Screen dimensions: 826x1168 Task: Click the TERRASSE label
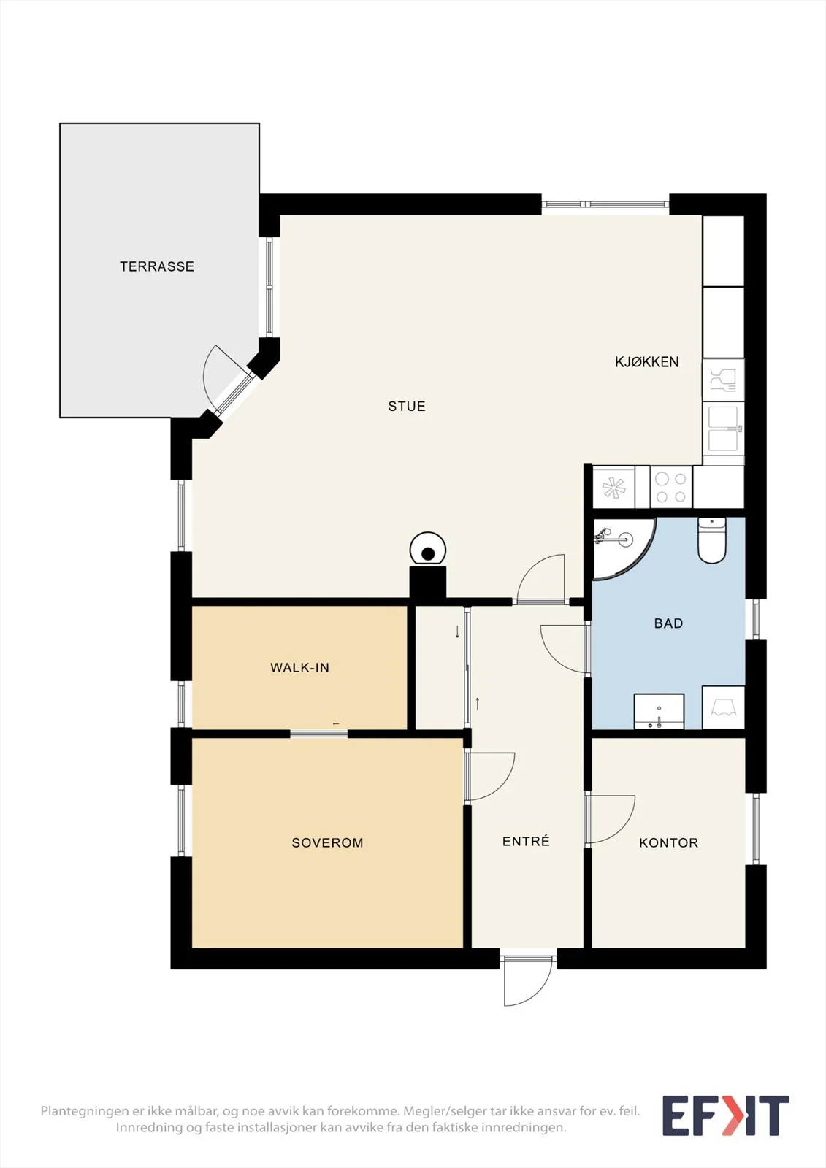tap(157, 266)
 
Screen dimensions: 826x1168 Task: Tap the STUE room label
tap(407, 406)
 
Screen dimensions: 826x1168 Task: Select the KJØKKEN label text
tap(646, 362)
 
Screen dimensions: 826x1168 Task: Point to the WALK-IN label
tap(299, 667)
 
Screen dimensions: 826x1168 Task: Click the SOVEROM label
tap(327, 842)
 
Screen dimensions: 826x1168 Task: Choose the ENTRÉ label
tap(526, 841)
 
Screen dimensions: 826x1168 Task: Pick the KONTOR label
tap(668, 842)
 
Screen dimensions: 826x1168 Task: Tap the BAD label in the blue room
tap(668, 623)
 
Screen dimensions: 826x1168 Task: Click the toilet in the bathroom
tap(712, 540)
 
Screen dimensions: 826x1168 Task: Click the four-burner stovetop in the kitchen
tap(671, 487)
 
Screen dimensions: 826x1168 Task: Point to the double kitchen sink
tap(724, 429)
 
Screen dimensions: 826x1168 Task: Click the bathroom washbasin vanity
tap(659, 711)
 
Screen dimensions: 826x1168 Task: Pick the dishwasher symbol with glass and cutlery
tap(723, 380)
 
